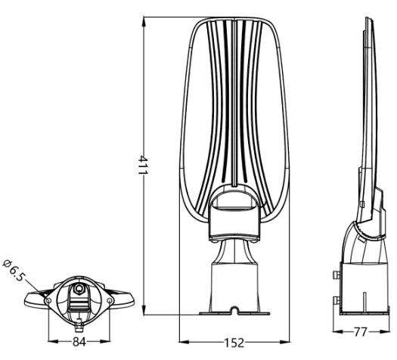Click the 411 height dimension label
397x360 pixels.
point(143,165)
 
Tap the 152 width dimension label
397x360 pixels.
point(234,343)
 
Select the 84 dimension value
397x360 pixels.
point(79,342)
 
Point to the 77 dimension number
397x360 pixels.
point(360,332)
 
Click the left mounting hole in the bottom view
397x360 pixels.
point(48,300)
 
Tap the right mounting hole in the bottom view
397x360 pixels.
point(110,300)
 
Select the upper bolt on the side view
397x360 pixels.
point(337,275)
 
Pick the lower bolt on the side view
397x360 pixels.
point(337,300)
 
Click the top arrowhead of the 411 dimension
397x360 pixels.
point(144,21)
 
